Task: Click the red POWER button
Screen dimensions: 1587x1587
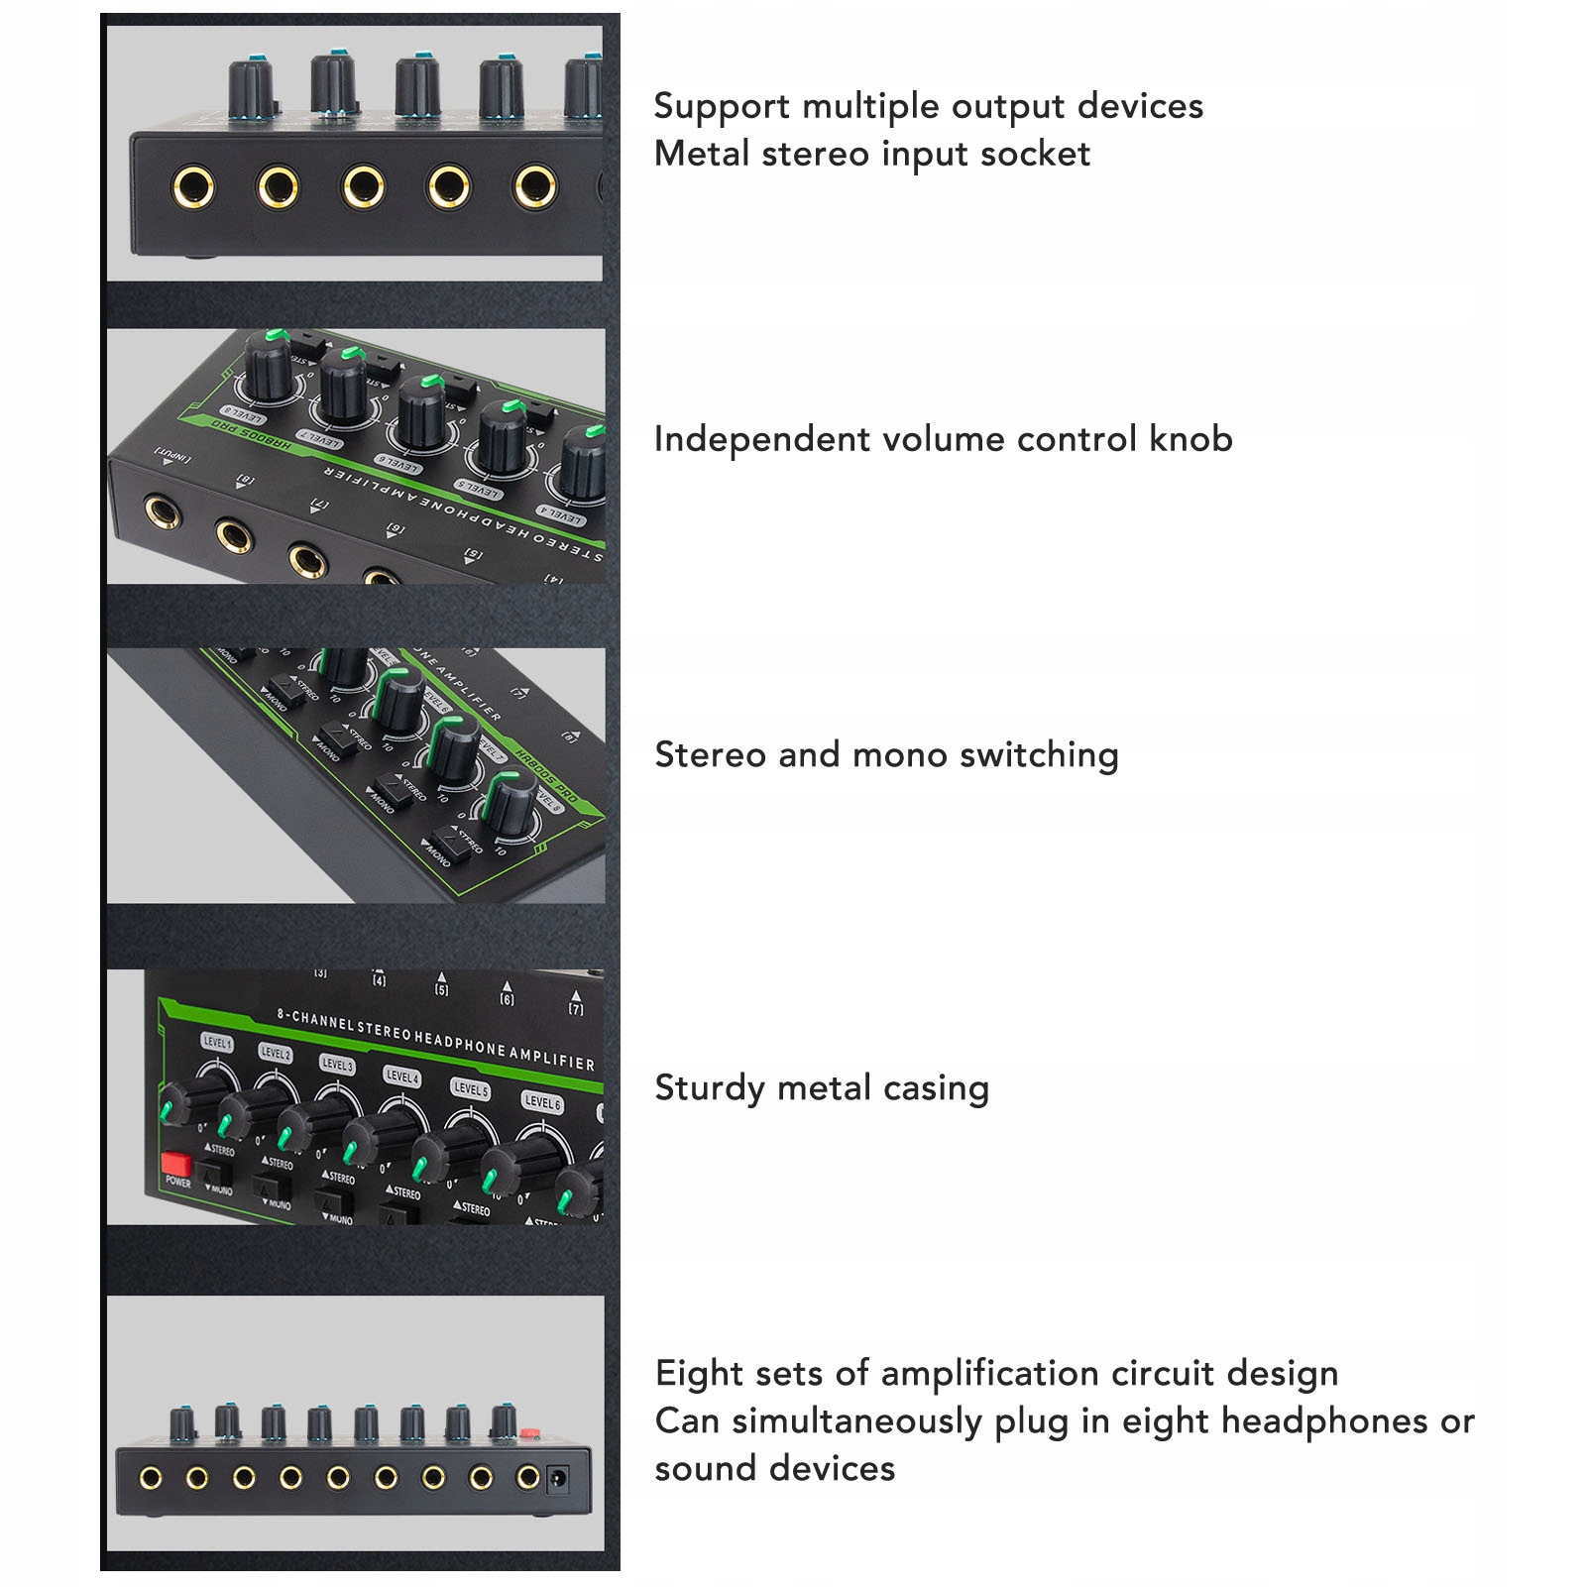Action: tap(175, 1162)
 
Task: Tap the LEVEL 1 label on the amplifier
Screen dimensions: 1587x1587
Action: tap(217, 1042)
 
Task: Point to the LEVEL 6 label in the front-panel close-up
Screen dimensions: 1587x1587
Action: tap(542, 1101)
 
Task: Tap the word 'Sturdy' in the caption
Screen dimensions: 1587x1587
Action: tap(710, 1088)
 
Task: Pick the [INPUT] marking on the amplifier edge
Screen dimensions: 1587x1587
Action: tap(172, 456)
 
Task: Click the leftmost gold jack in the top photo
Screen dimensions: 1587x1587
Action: tap(192, 186)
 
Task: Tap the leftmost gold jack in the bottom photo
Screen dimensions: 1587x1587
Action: tap(151, 1479)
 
